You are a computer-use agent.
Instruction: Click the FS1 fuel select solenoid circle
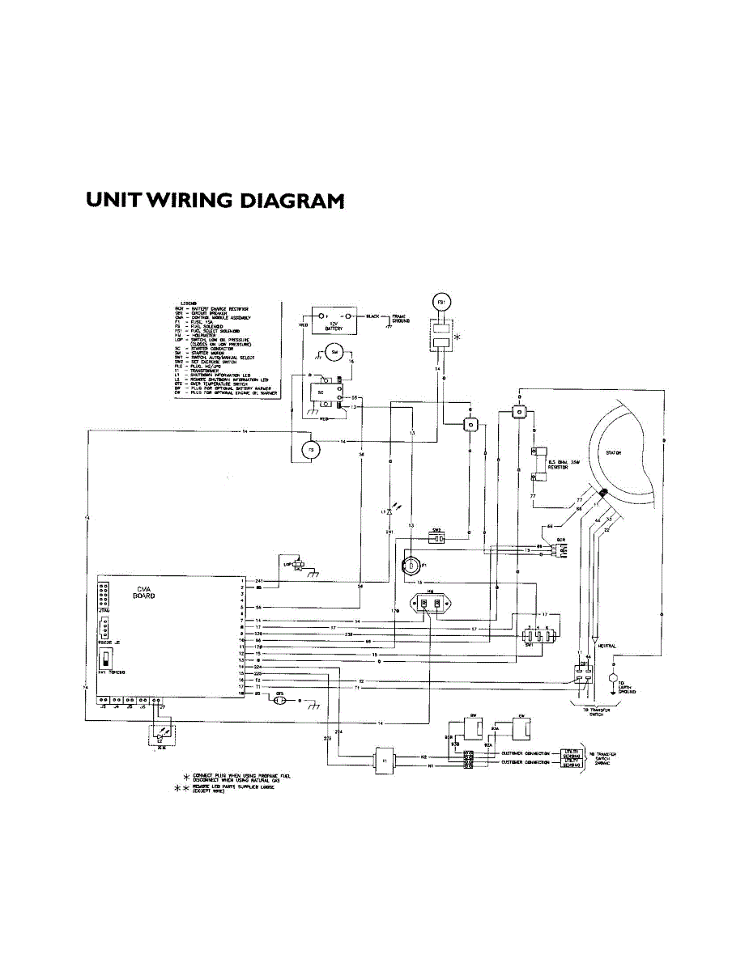[x=441, y=303]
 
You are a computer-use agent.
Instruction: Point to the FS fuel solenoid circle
[x=308, y=450]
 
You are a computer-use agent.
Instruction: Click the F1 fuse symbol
[x=412, y=564]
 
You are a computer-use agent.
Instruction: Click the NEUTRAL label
[x=607, y=646]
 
